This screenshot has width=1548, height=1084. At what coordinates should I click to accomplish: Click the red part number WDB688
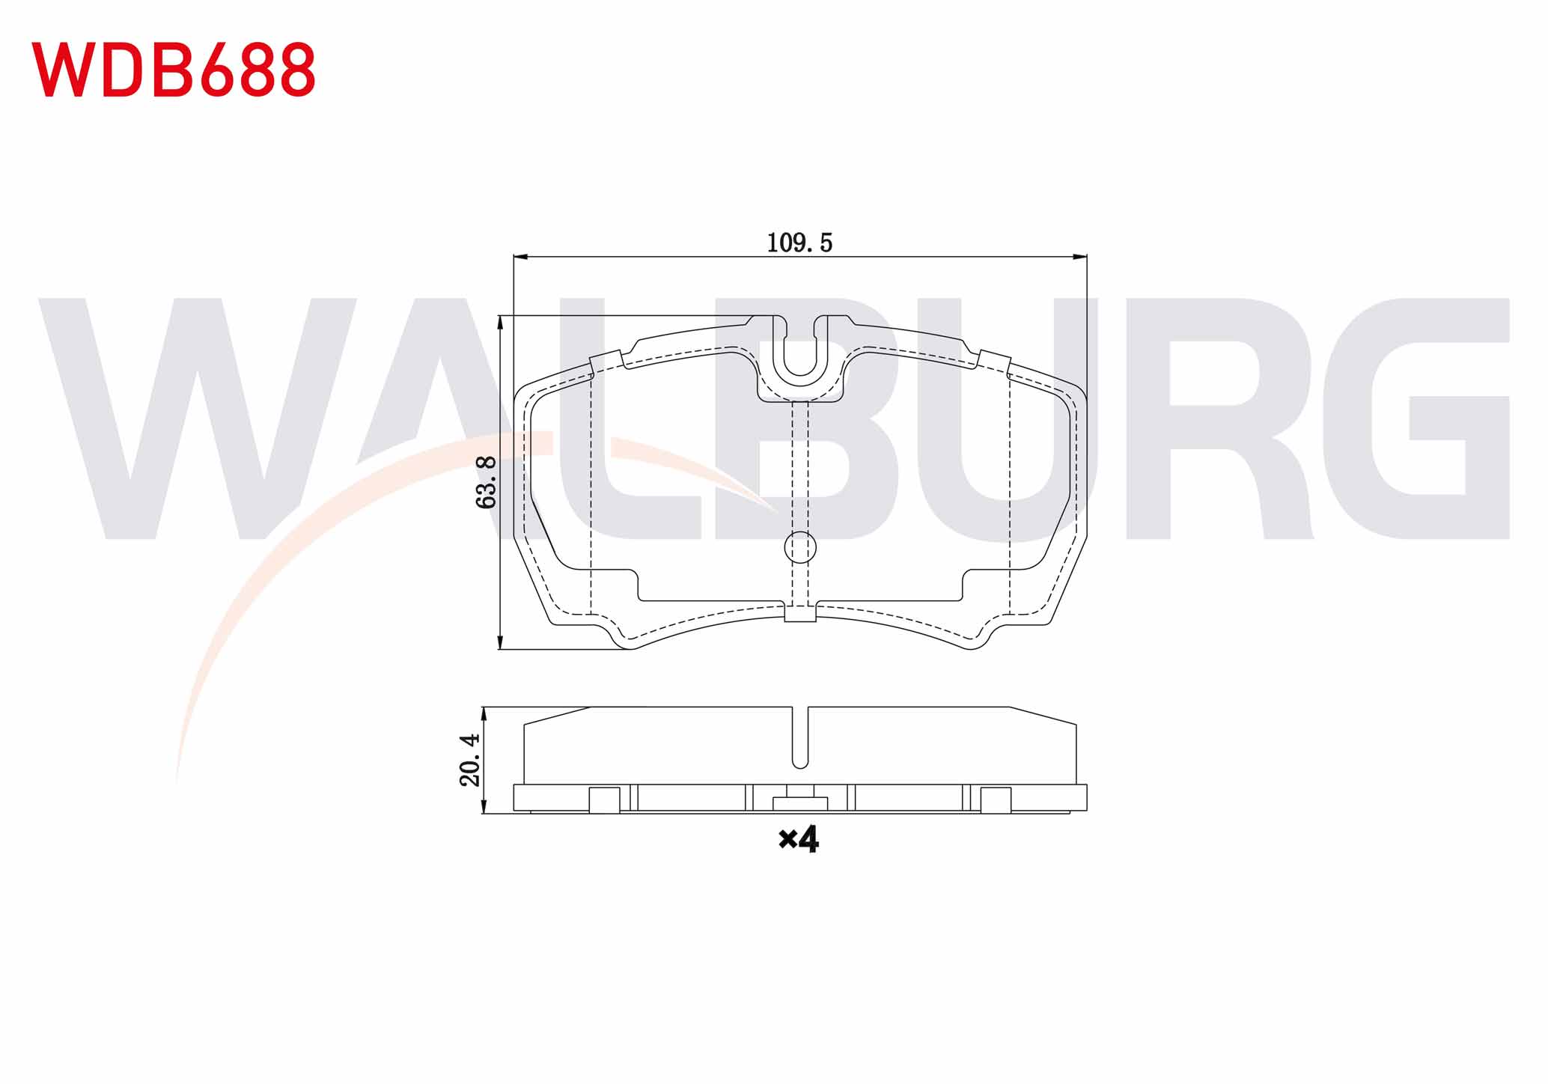coord(174,69)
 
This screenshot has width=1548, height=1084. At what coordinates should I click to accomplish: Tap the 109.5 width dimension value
coord(799,243)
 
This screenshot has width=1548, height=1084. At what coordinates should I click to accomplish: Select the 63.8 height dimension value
coord(487,482)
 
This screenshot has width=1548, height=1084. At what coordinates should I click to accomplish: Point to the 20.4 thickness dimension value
coord(470,760)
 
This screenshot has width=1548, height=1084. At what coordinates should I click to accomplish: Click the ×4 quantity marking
coord(799,840)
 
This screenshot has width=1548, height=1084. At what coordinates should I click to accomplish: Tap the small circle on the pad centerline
coord(800,547)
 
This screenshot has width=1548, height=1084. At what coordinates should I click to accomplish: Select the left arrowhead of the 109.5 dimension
coord(521,257)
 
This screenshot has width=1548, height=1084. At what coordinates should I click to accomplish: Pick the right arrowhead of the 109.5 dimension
coord(1079,257)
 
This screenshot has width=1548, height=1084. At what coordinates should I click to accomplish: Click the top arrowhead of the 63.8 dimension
coord(500,323)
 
